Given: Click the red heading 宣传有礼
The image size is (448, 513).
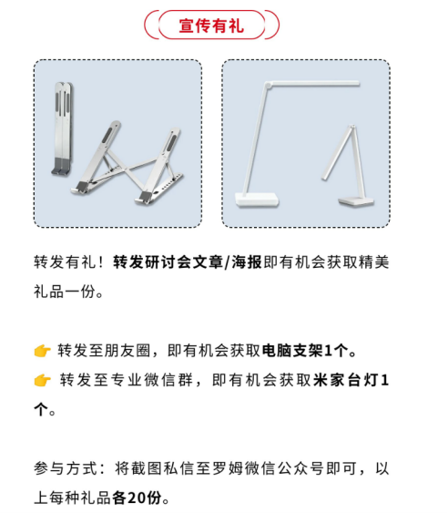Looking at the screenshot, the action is pos(211,26).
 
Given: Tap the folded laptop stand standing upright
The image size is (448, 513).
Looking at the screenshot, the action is pos(63,128).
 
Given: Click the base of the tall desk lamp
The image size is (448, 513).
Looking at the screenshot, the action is pos(257,200).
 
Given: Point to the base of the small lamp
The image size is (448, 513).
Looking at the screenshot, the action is pos(356,201).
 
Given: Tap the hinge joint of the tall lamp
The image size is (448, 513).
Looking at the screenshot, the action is pos(268,85).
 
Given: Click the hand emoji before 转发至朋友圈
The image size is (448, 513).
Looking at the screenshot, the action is pos(42,351).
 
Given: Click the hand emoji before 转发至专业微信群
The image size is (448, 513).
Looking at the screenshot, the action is pos(42,380).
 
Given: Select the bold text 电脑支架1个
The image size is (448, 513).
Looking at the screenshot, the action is pos(305,351).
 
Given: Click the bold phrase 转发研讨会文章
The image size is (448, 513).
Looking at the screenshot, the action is pos(168,262).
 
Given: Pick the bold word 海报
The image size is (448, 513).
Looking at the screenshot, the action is pos(247,262).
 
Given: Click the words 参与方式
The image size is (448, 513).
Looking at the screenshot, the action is pos(66,468).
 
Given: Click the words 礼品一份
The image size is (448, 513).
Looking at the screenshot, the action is pos(65,292).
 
